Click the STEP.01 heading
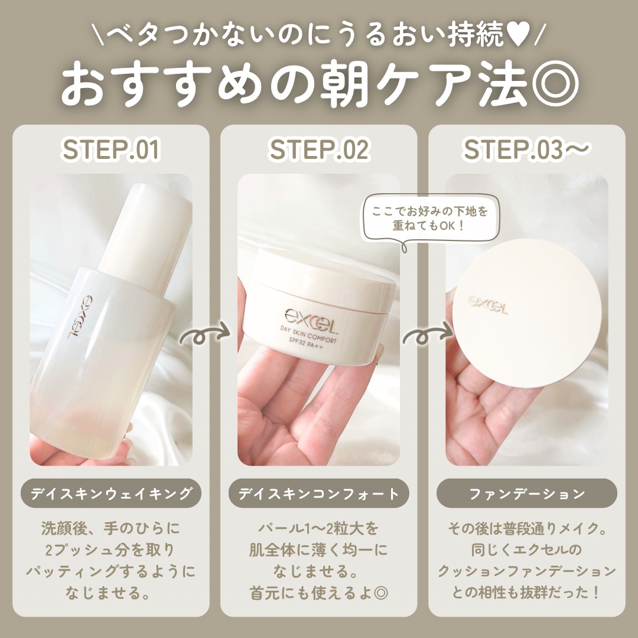pyautogui.click(x=110, y=149)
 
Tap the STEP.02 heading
pyautogui.click(x=319, y=149)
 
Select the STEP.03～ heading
pyautogui.click(x=526, y=149)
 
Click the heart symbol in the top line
pyautogui.click(x=516, y=35)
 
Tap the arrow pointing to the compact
pyautogui.click(x=428, y=336)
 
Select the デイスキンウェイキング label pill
pyautogui.click(x=110, y=493)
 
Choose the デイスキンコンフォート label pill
pyautogui.click(x=319, y=493)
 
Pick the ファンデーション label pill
pyautogui.click(x=527, y=493)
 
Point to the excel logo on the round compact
pyautogui.click(x=487, y=304)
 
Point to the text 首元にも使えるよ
pyautogui.click(x=311, y=593)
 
